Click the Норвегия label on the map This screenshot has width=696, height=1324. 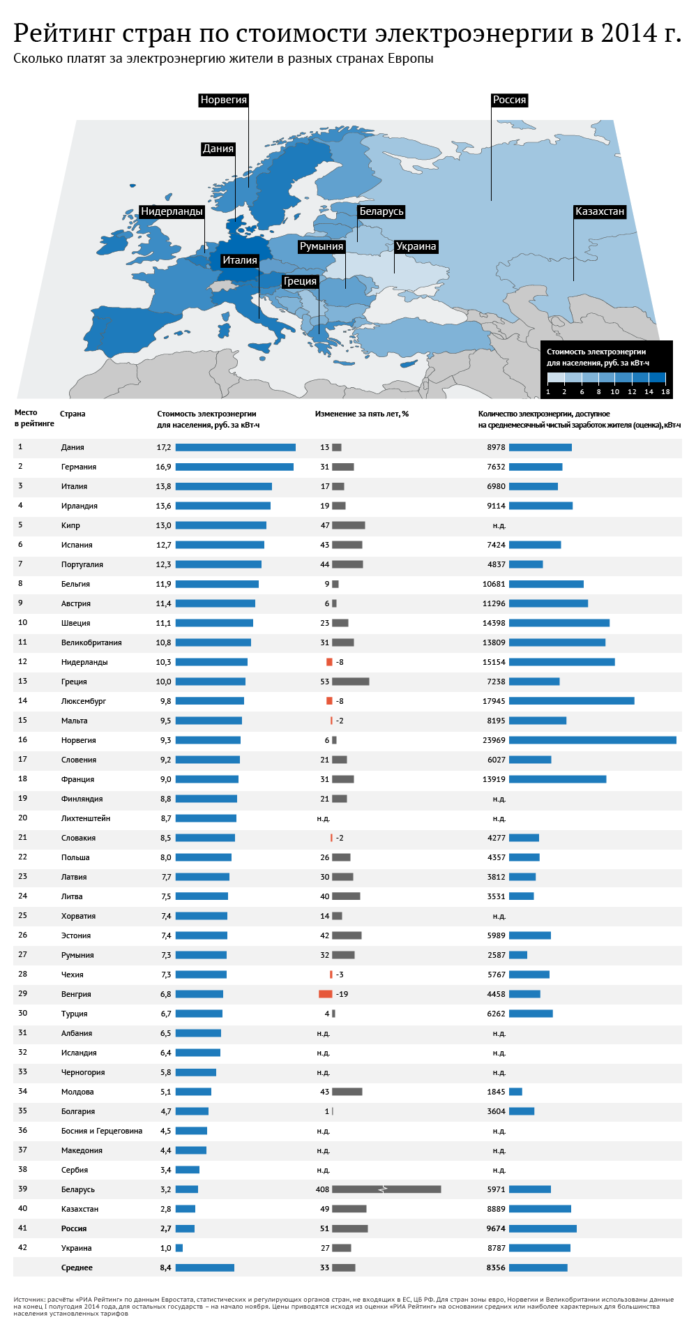point(223,100)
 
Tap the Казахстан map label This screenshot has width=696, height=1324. point(599,211)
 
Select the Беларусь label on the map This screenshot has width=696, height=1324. point(381,211)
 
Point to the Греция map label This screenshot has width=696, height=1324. point(300,281)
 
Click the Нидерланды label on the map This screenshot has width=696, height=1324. point(172,211)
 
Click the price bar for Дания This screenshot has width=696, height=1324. point(235,447)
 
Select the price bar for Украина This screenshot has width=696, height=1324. point(179,1248)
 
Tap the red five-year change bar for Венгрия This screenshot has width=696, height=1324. point(325,994)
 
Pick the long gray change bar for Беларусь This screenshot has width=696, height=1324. point(386,1189)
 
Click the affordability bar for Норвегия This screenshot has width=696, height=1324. point(592,740)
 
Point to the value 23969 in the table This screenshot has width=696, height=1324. point(494,740)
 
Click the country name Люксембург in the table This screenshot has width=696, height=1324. point(84,701)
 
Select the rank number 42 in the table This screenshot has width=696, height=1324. point(23,1247)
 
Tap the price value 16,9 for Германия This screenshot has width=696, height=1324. point(163,467)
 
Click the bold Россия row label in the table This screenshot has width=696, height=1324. point(74,1228)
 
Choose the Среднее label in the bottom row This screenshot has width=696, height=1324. point(77,1267)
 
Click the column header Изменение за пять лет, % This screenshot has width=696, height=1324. point(361,414)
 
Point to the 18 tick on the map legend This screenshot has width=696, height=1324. point(665,391)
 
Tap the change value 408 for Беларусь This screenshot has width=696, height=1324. point(322,1189)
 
